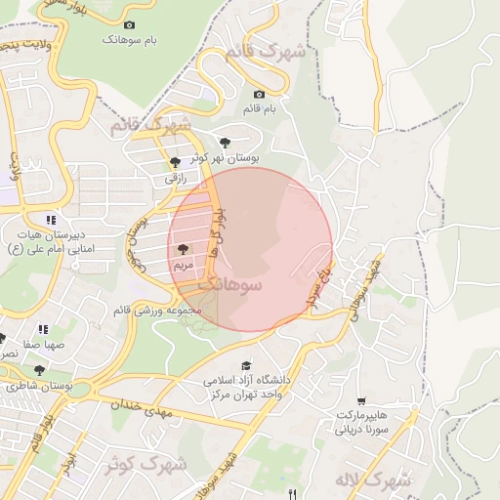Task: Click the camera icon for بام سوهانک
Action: [x=130, y=24]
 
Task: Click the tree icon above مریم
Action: [x=184, y=250]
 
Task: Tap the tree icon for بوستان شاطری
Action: [x=39, y=371]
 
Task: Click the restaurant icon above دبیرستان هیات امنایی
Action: [x=50, y=220]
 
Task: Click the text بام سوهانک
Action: [x=134, y=41]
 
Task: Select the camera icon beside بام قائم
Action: [x=262, y=95]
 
